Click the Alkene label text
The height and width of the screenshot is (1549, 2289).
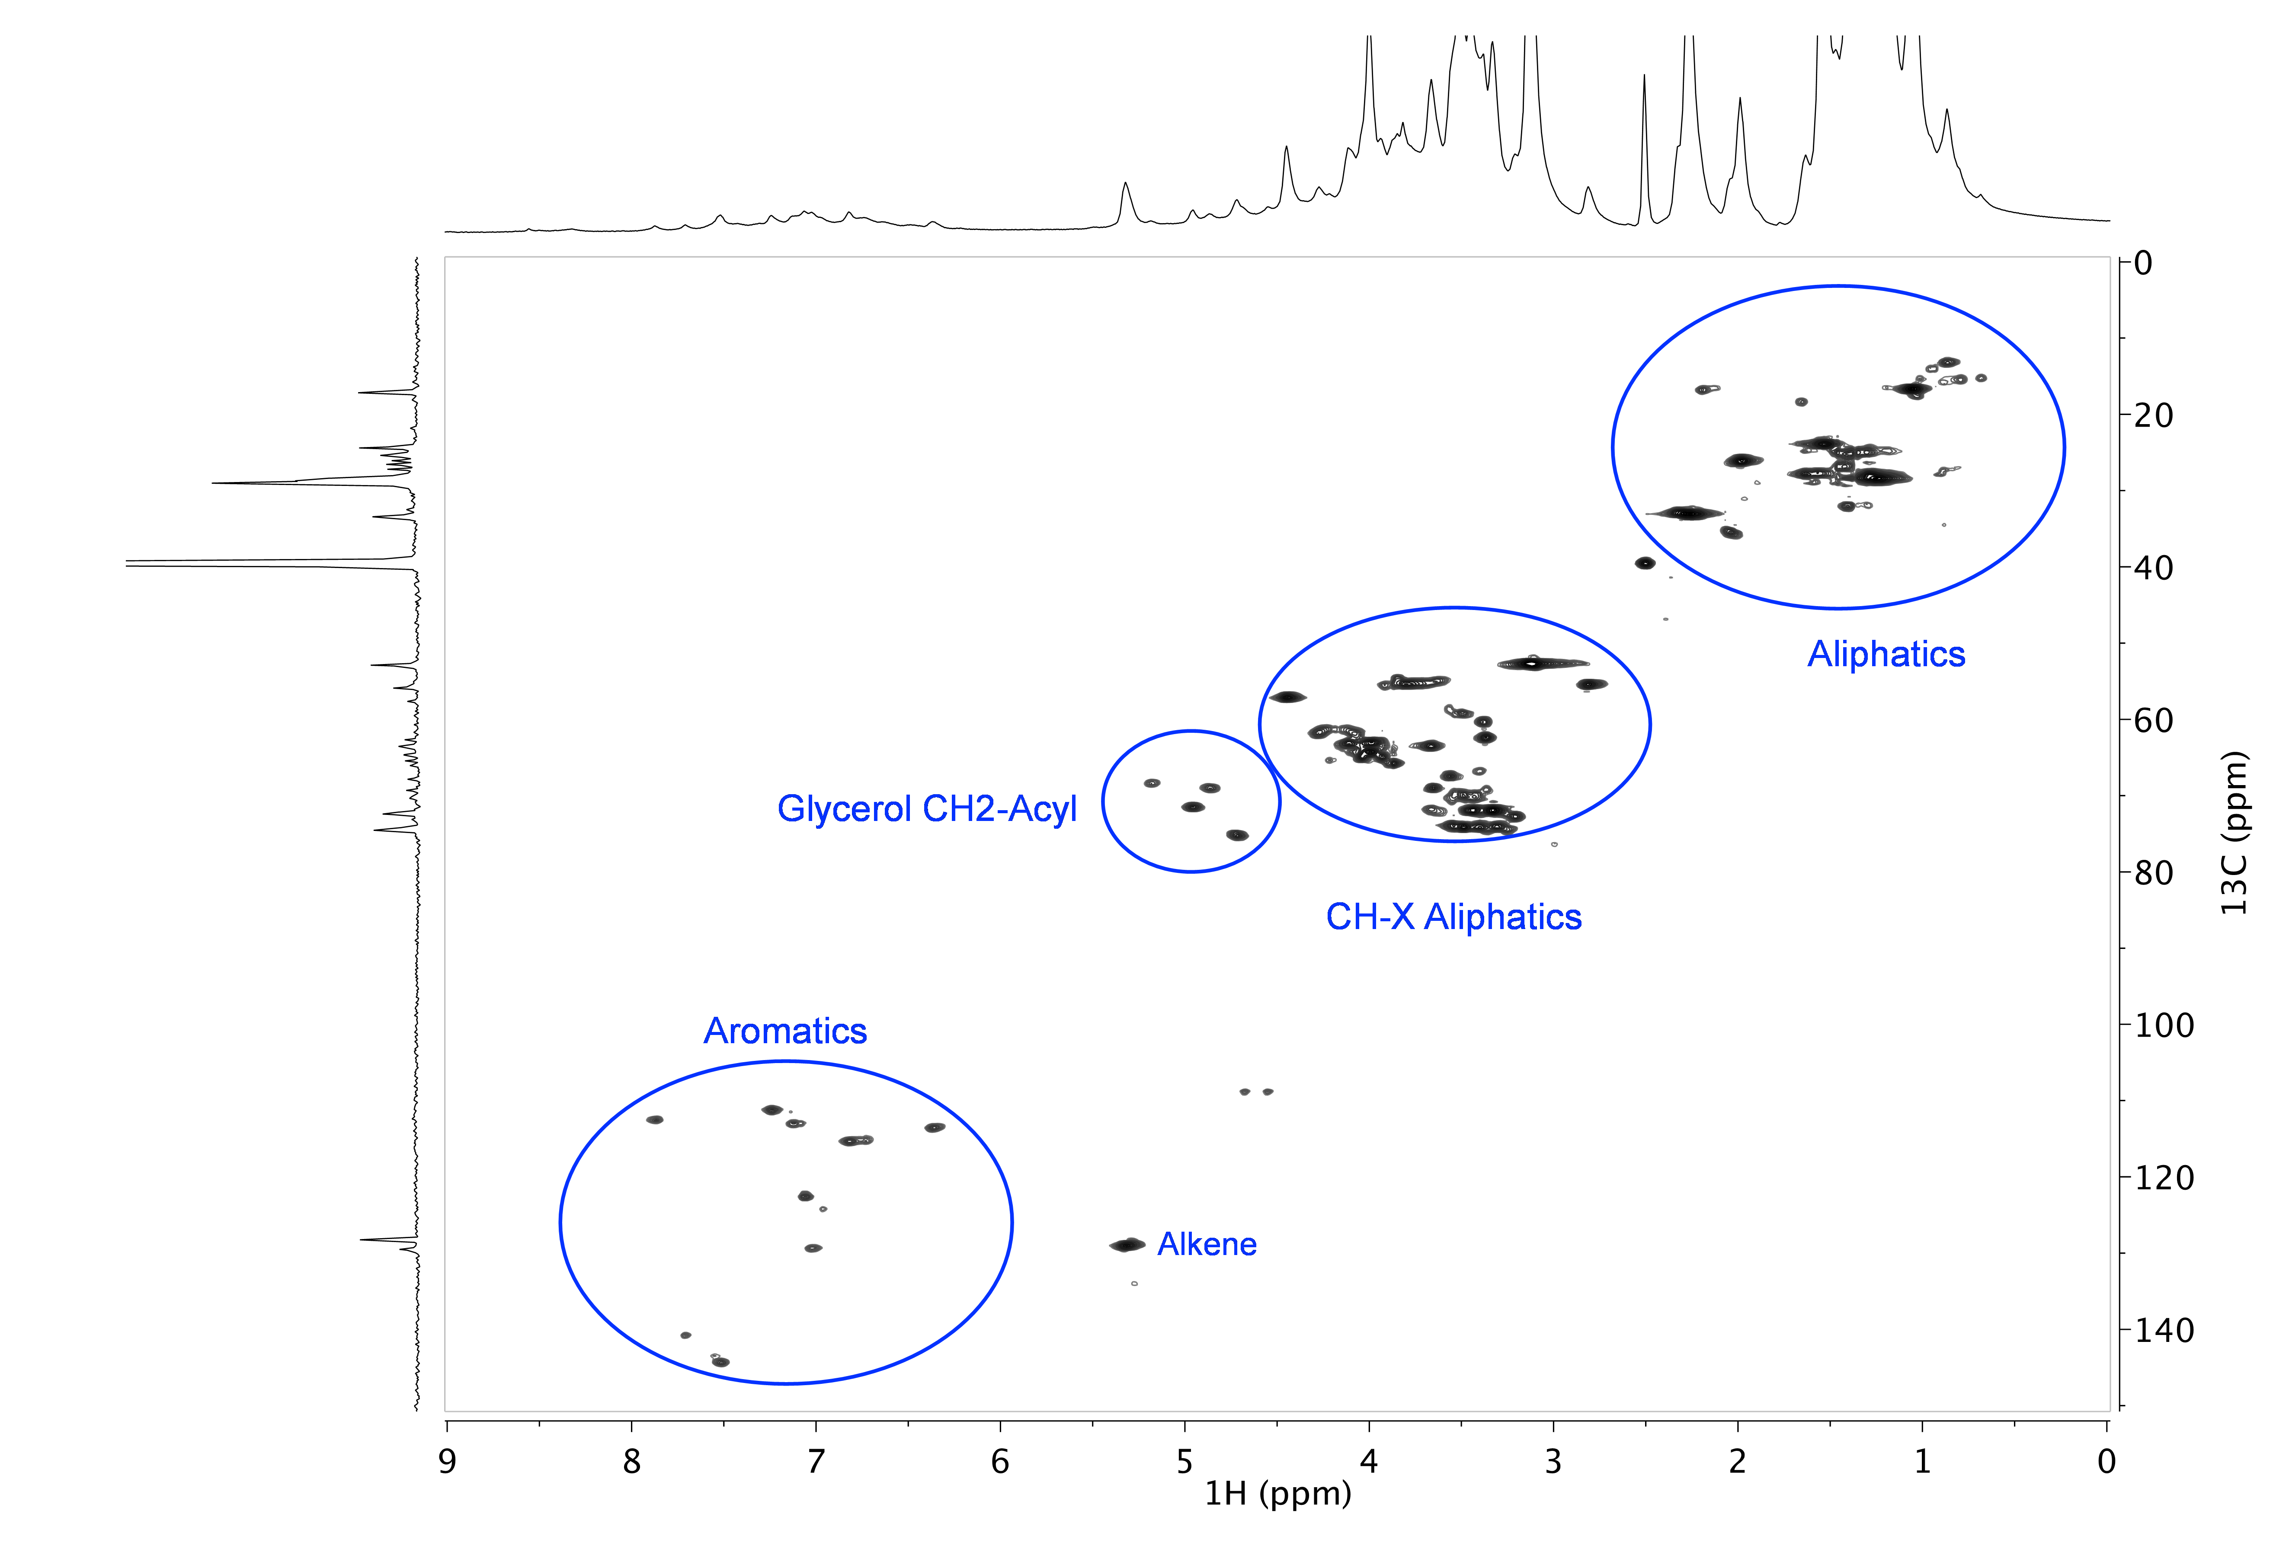[x=1207, y=1245]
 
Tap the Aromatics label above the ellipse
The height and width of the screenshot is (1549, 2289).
[x=785, y=1031]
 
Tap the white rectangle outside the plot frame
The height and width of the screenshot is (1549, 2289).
[x=137, y=109]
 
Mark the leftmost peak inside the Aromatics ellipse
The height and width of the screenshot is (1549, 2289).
[x=654, y=1120]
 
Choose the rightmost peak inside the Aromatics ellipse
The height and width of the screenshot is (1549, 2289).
[x=935, y=1127]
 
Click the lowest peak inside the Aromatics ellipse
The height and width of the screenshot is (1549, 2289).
[x=721, y=1362]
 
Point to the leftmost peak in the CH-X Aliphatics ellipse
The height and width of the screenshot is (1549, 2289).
[x=1287, y=697]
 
